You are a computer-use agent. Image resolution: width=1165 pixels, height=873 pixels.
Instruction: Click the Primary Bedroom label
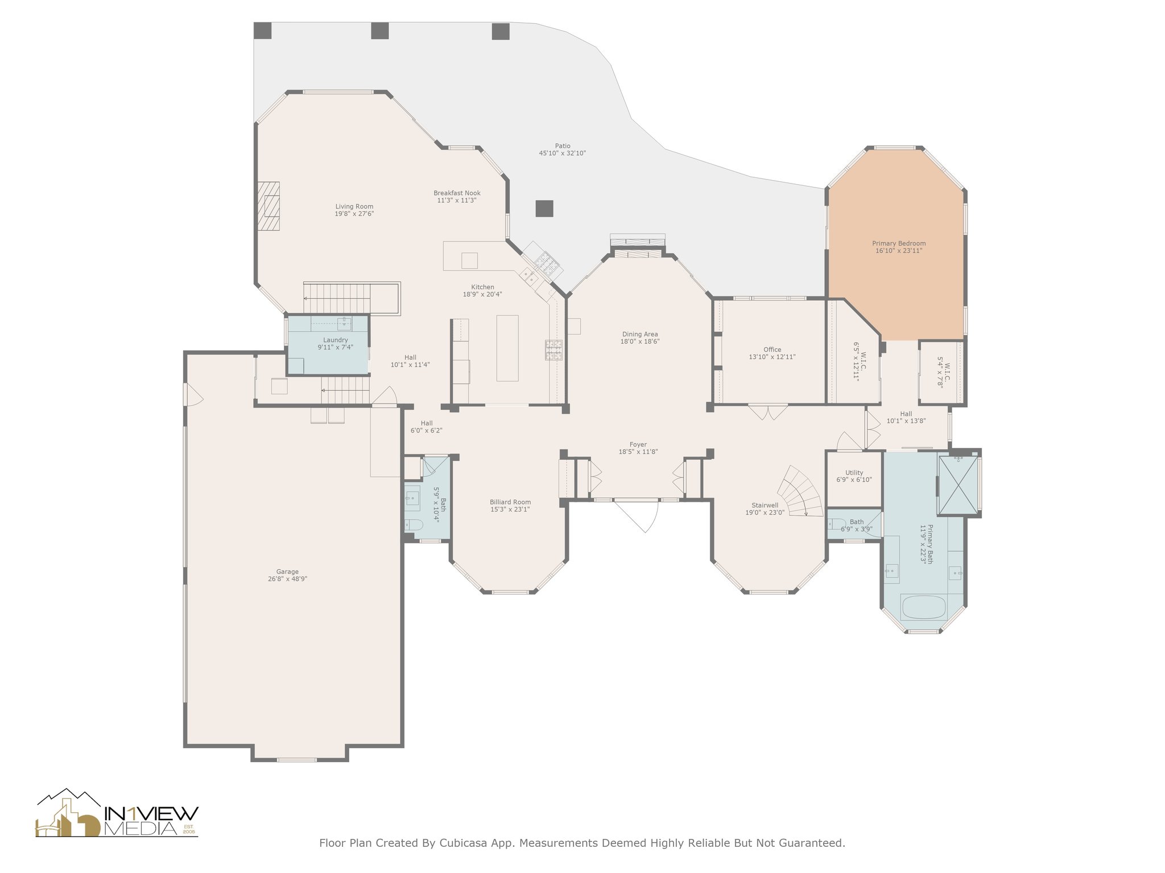(x=898, y=243)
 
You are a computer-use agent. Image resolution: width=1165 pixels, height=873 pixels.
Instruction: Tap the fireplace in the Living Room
(x=268, y=206)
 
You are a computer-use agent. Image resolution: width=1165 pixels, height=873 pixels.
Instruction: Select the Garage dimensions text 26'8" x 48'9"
(x=287, y=579)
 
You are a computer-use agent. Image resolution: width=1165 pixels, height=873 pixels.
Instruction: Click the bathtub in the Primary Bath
(x=923, y=606)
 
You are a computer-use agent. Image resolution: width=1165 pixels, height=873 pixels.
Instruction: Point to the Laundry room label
(x=335, y=340)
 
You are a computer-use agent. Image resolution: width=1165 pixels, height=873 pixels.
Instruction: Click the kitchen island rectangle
(x=507, y=348)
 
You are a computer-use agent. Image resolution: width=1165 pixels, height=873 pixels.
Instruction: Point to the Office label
(x=772, y=350)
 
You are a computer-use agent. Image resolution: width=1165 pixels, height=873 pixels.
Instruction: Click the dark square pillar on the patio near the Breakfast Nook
(x=544, y=209)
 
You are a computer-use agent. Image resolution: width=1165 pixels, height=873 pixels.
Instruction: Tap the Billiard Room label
(x=510, y=502)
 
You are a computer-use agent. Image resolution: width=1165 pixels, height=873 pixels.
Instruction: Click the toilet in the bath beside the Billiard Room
(x=414, y=526)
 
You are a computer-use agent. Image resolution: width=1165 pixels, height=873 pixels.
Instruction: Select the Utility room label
(x=854, y=472)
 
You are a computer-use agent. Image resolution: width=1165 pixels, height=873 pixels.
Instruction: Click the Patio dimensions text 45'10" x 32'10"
(x=562, y=153)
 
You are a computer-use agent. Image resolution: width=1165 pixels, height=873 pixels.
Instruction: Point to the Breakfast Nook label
(x=457, y=193)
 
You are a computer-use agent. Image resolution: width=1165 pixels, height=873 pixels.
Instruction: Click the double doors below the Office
(x=768, y=411)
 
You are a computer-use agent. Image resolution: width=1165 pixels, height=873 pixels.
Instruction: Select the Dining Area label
(x=639, y=334)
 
